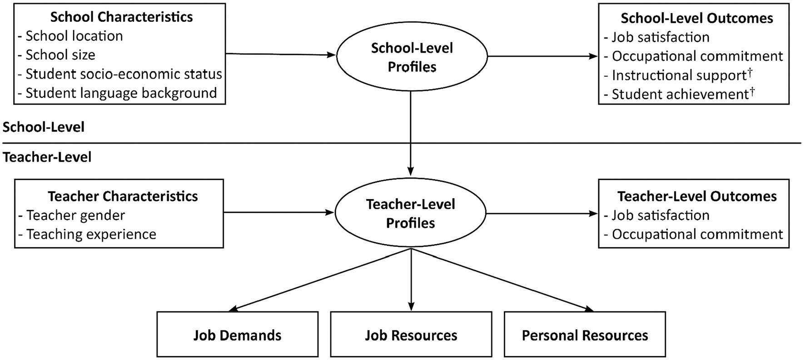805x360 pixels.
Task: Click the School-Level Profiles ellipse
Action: pos(412,57)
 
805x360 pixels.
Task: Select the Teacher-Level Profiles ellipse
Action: pos(410,213)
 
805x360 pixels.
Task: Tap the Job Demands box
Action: pos(237,335)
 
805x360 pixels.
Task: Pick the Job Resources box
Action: pos(411,335)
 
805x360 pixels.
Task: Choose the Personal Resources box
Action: pos(585,335)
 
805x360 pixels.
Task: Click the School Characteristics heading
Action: pos(121,17)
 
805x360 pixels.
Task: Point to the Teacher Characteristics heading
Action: pos(123,196)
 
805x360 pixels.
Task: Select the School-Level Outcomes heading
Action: pos(696,18)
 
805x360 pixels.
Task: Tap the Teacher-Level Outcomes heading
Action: pos(696,196)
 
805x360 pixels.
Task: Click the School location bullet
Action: pos(71,36)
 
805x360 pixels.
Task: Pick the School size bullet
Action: pos(57,55)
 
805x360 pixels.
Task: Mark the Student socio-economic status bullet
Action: pos(120,74)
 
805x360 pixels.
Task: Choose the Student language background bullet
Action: pos(118,93)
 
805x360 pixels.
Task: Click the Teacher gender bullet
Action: pos(72,215)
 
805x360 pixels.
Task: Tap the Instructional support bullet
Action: pos(678,75)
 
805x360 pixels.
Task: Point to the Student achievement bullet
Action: pos(679,94)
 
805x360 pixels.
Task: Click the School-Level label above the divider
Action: pos(44,127)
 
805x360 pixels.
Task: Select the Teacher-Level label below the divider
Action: pos(47,157)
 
